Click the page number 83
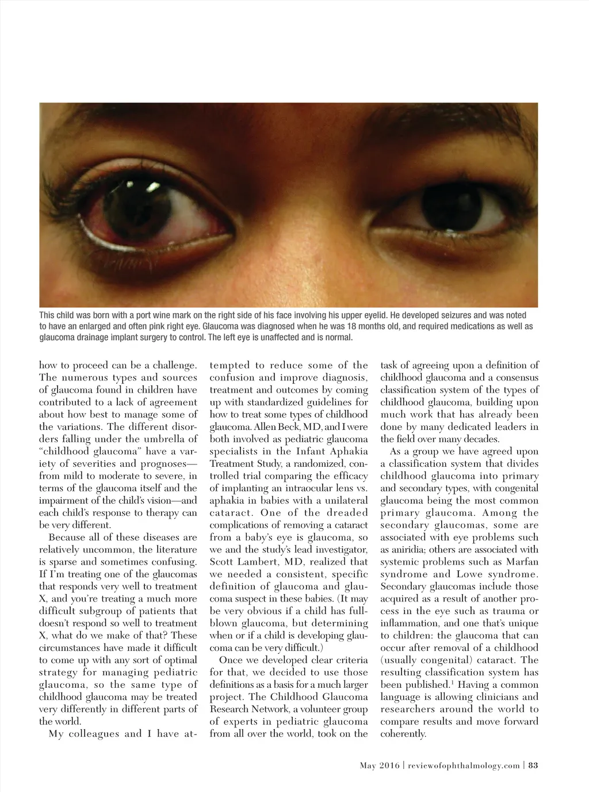[533, 765]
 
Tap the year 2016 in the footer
[390, 765]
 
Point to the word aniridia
[403, 550]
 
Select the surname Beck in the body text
[290, 427]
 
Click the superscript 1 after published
[450, 683]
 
